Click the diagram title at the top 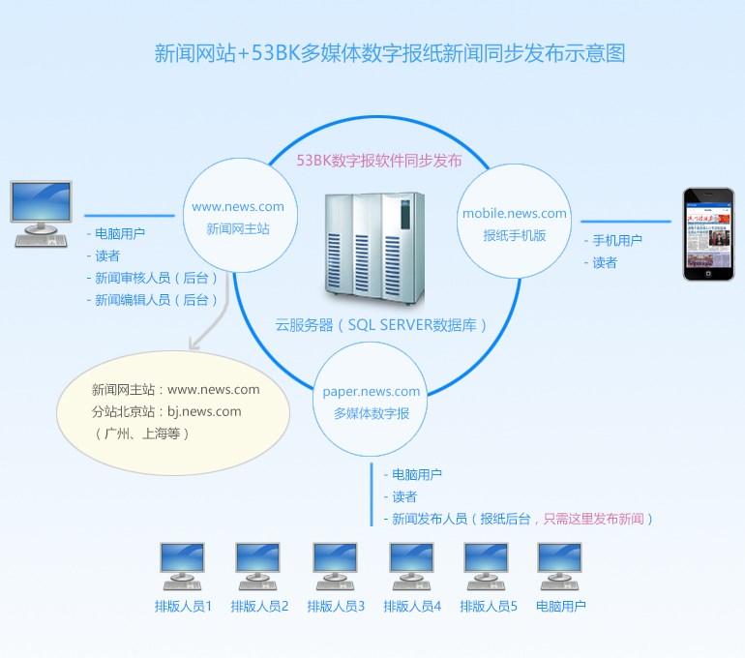pos(390,53)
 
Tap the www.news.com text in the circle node pos(238,206)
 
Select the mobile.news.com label pos(515,213)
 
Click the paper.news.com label pos(372,392)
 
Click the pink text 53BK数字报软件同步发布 pos(379,160)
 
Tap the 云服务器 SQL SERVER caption pos(381,325)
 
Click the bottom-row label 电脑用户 pos(560,607)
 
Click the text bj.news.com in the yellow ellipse pos(204,411)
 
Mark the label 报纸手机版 pos(515,234)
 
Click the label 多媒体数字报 pos(372,413)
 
